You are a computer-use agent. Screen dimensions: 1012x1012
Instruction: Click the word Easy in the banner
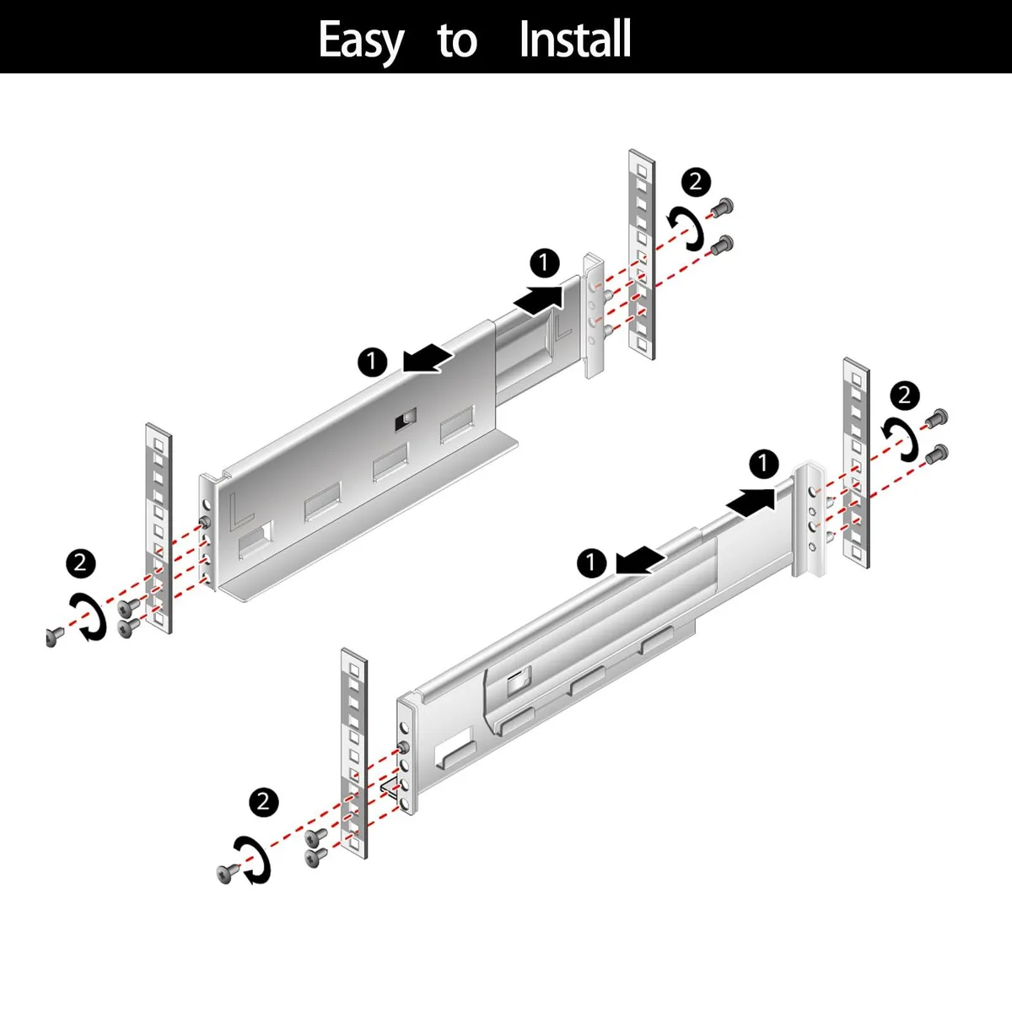point(361,41)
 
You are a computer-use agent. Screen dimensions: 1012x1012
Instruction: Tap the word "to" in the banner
point(457,40)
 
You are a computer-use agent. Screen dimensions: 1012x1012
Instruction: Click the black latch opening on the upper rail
point(406,419)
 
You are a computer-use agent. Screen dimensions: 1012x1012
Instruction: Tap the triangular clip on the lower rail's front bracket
point(388,789)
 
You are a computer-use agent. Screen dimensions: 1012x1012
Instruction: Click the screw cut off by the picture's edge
point(54,637)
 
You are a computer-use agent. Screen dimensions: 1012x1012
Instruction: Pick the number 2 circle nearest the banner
point(696,182)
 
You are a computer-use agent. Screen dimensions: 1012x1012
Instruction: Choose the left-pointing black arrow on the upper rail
point(428,358)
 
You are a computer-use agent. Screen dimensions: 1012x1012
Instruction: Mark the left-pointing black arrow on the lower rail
point(640,560)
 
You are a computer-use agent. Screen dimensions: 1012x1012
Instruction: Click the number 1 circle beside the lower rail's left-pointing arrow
point(592,563)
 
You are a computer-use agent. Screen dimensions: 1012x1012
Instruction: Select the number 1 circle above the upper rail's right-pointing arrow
point(544,262)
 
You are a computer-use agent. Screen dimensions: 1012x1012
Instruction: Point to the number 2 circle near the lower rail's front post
point(264,802)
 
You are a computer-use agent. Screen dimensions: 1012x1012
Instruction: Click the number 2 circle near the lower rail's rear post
point(904,395)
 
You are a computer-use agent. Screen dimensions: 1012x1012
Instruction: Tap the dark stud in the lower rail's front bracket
point(403,747)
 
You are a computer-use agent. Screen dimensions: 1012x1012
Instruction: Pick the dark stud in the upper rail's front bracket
point(205,523)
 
